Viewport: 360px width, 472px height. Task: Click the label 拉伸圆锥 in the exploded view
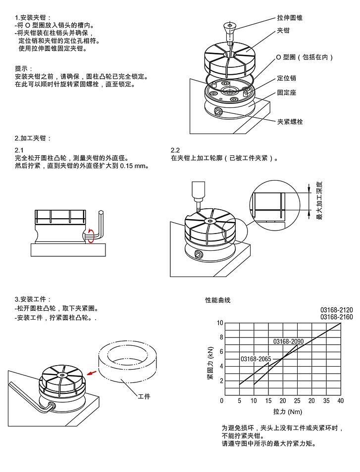click(x=290, y=18)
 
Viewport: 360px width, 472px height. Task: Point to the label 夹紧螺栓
click(x=290, y=122)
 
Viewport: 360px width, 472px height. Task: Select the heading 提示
click(x=24, y=69)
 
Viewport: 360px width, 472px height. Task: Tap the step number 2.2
click(x=175, y=150)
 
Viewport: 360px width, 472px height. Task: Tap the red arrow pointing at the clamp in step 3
click(x=91, y=373)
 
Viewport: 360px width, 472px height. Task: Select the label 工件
click(x=144, y=396)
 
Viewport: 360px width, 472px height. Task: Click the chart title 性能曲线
click(x=217, y=300)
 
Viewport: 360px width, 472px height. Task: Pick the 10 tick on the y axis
click(x=220, y=323)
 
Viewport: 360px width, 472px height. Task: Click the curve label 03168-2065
click(x=256, y=358)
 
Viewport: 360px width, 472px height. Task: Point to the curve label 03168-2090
click(x=289, y=341)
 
